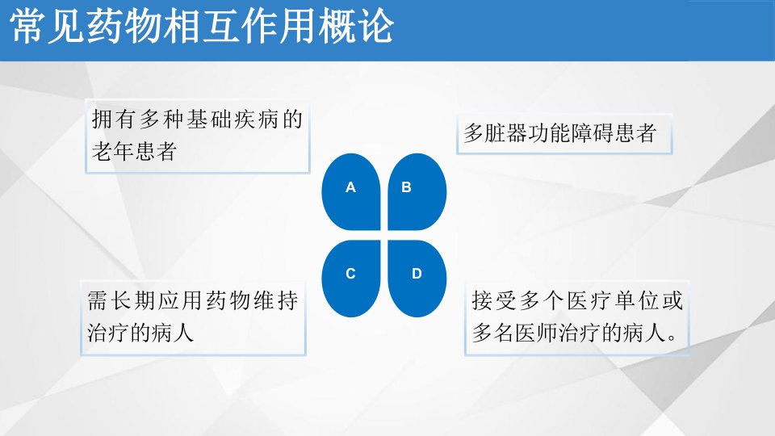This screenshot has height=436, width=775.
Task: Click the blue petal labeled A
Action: (x=351, y=192)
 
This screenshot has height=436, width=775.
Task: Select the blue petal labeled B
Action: (x=417, y=192)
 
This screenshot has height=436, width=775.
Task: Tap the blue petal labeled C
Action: (x=351, y=279)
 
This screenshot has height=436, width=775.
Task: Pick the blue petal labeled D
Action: (x=417, y=279)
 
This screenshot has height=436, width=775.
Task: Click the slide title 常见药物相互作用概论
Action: (x=202, y=27)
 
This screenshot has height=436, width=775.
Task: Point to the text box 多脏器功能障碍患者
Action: (x=564, y=134)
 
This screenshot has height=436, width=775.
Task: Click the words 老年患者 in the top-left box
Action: (x=135, y=151)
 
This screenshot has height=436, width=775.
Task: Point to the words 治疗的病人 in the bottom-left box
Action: (x=140, y=333)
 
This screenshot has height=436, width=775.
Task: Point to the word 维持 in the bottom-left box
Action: (x=276, y=301)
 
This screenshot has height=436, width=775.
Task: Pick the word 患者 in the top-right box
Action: (x=635, y=133)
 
